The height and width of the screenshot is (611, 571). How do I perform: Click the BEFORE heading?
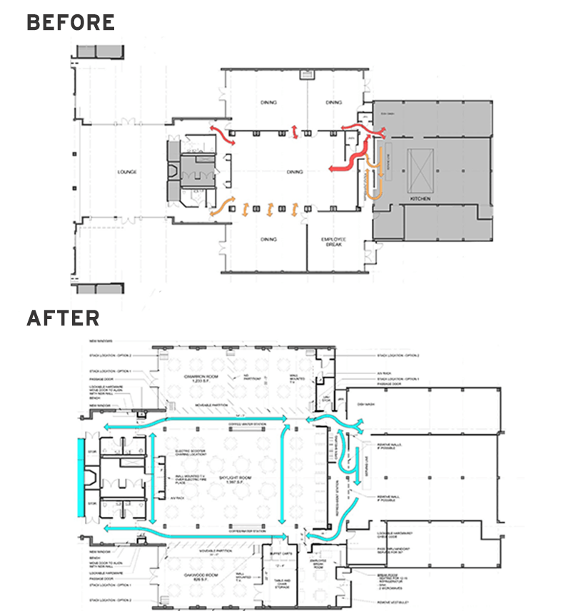tap(70, 22)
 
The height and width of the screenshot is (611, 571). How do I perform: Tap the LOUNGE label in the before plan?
tap(128, 172)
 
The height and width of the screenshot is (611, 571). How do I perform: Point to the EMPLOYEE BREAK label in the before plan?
tap(333, 241)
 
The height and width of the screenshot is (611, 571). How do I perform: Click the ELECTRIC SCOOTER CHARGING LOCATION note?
tap(192, 454)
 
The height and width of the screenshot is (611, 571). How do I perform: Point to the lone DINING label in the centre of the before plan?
tap(294, 172)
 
